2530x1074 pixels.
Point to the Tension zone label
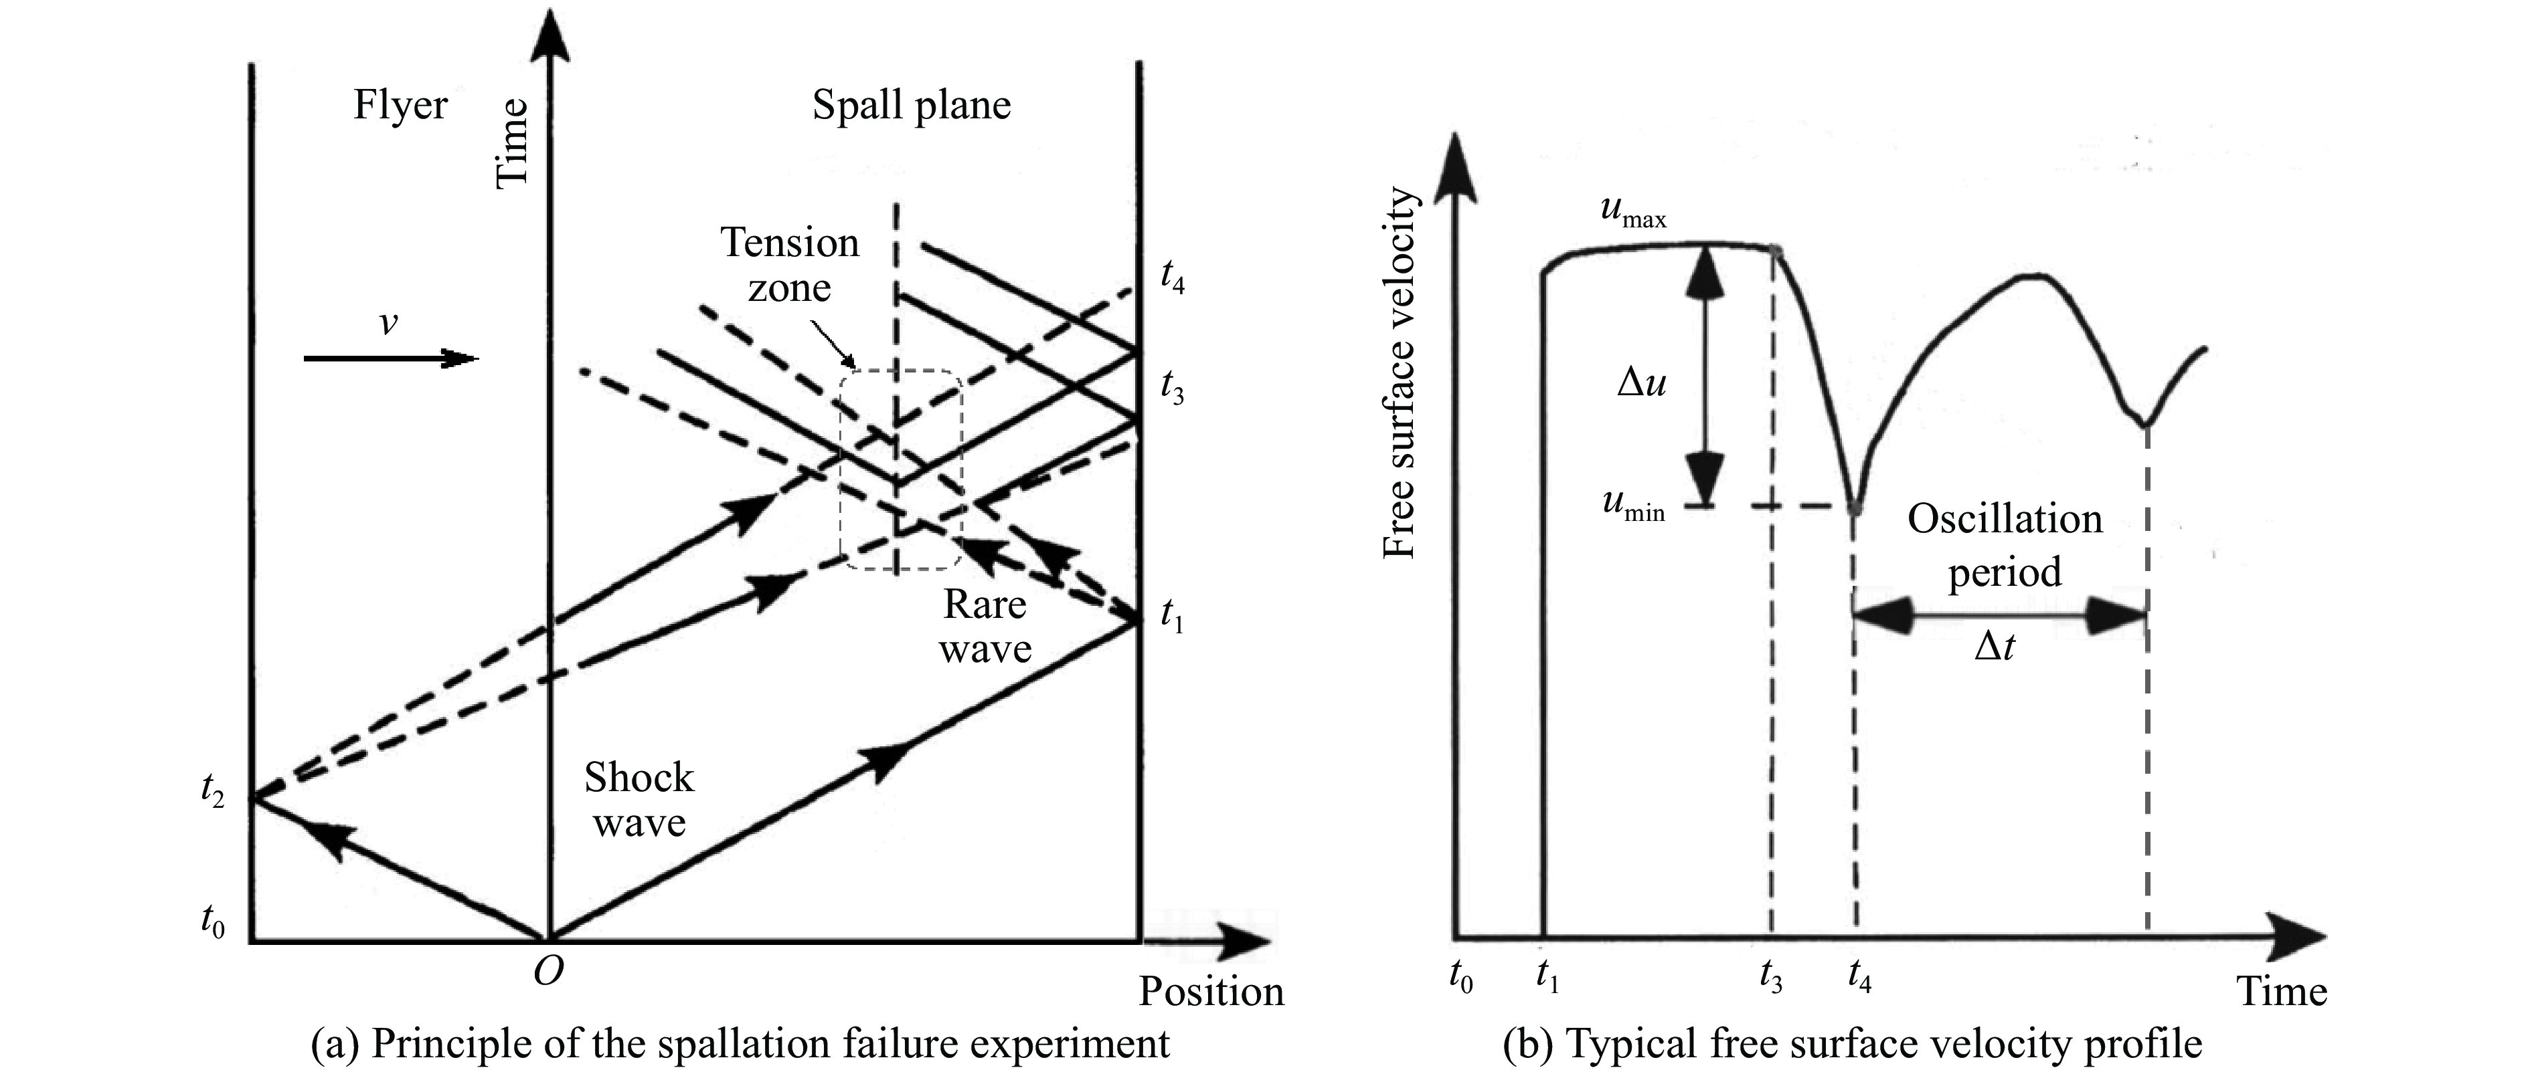(790, 265)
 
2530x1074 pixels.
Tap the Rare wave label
(985, 627)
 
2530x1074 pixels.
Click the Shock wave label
(639, 799)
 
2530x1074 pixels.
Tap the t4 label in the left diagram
(1172, 278)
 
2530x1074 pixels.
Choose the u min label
(1633, 506)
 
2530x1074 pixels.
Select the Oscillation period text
(2005, 545)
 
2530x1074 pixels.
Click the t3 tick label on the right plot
(1771, 978)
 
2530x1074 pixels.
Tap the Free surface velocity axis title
(1399, 373)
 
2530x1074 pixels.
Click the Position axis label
(1211, 992)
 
